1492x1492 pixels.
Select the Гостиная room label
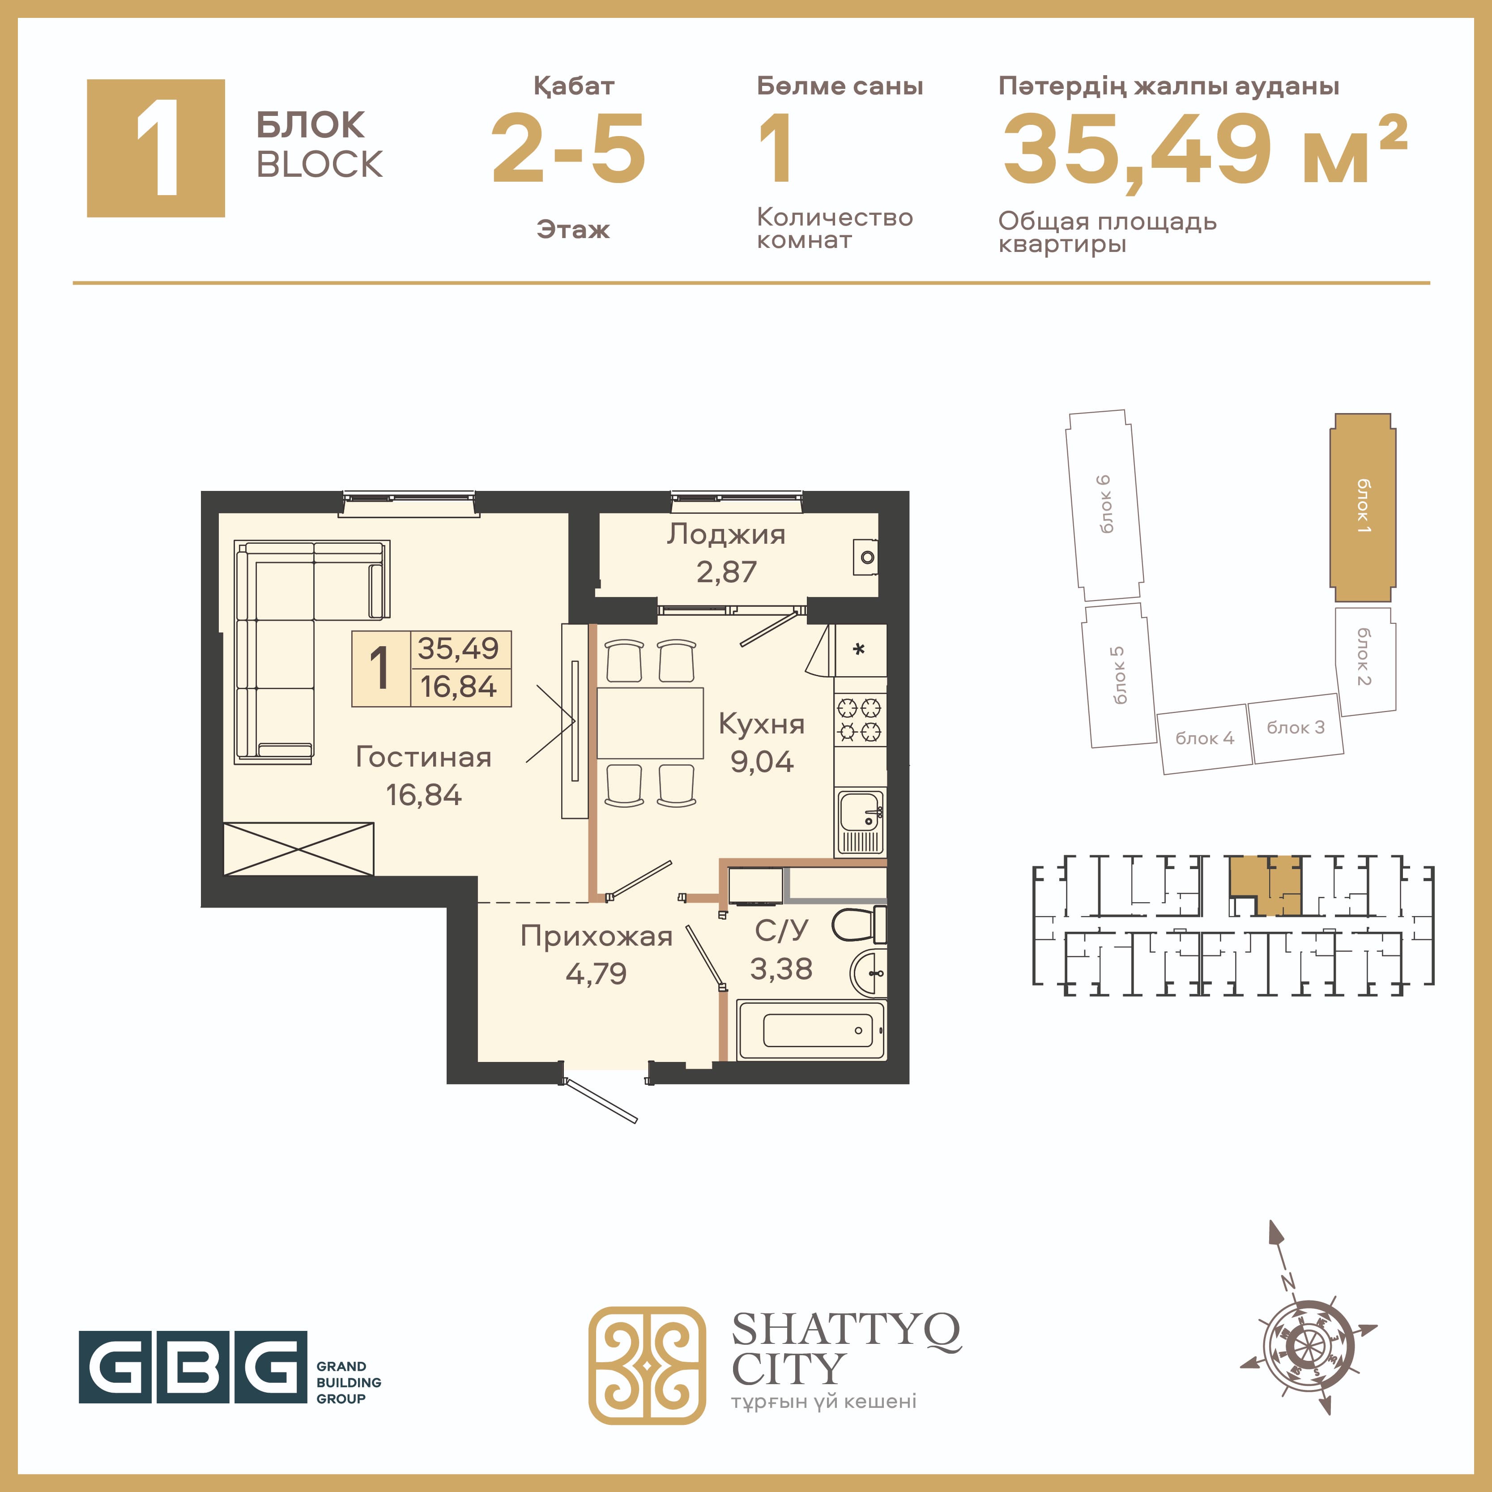click(x=423, y=757)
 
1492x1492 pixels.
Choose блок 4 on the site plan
click(x=1205, y=739)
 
